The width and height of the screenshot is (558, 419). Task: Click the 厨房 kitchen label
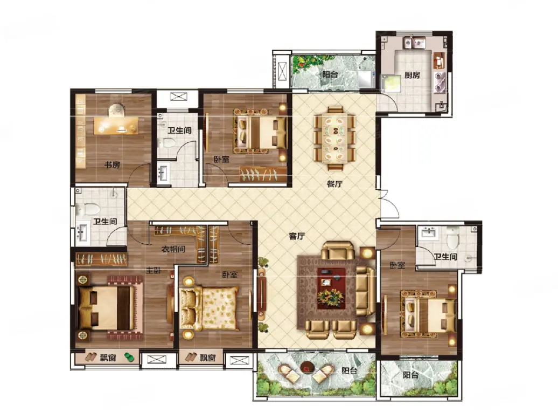click(412, 75)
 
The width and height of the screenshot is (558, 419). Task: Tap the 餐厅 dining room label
click(334, 184)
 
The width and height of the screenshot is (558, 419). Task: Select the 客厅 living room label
click(297, 236)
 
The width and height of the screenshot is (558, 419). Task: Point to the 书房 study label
click(111, 164)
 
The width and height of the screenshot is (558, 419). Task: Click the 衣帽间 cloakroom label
click(173, 249)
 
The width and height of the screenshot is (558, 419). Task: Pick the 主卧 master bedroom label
click(154, 270)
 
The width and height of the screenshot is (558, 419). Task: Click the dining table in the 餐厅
click(334, 138)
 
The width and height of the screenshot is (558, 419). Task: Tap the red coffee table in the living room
click(331, 289)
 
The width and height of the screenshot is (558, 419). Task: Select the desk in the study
click(116, 125)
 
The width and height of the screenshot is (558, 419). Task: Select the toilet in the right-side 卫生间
click(452, 238)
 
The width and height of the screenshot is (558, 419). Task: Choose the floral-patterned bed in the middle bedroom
click(209, 308)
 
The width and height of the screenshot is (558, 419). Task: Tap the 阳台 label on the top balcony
click(330, 74)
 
